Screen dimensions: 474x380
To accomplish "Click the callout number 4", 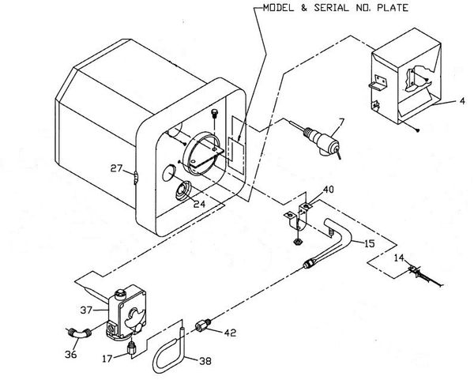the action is (462, 101).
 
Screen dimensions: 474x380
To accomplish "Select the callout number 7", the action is (341, 122).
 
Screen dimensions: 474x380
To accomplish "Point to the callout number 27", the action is (116, 168).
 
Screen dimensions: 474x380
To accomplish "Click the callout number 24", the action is (200, 204).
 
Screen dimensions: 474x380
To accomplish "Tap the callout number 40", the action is (329, 190).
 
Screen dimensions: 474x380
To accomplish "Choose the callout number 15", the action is (369, 243).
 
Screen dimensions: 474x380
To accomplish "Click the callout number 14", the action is (399, 258).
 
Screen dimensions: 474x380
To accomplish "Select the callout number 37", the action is (86, 310).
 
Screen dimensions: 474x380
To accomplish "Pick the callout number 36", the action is (71, 354).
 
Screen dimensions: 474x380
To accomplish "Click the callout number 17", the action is (107, 359).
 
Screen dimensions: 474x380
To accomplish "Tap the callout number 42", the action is (230, 333).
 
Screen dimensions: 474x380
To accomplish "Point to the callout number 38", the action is (205, 361).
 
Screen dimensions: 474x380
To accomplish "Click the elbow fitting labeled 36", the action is (78, 333).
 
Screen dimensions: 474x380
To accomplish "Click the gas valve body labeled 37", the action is (126, 313).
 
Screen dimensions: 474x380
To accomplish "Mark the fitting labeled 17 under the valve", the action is (131, 348).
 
